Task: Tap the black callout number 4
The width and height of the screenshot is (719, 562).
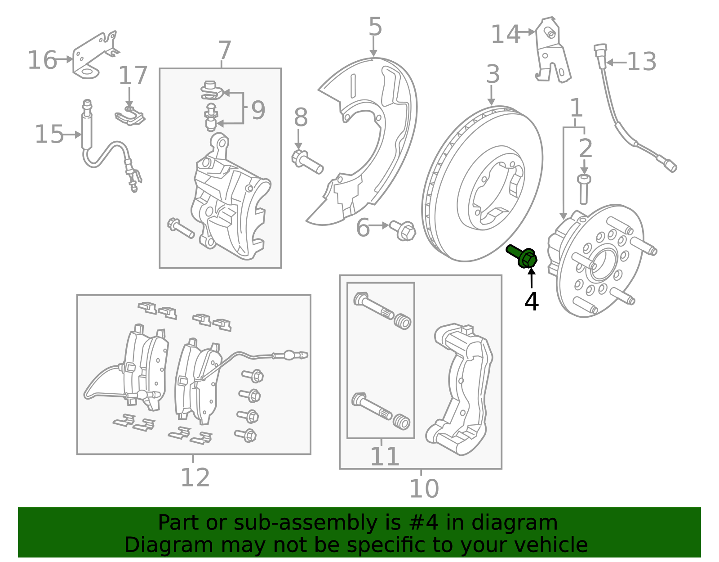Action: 531,302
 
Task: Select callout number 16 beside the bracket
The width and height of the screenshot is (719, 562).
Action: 42,60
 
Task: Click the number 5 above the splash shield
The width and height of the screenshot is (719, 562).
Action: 375,27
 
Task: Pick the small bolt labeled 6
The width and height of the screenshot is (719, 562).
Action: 403,230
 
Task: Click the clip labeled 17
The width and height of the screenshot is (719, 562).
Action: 130,117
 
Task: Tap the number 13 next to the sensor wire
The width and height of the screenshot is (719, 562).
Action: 641,62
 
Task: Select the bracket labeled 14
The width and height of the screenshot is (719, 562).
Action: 552,52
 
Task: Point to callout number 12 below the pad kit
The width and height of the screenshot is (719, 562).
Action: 195,478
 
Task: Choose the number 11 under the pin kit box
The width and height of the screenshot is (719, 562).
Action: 385,457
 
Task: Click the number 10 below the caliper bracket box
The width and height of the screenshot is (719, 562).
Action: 424,489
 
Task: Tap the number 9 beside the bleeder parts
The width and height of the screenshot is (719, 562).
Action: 258,110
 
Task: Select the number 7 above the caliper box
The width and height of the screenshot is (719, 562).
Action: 224,50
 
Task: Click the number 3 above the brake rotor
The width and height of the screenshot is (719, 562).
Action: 493,74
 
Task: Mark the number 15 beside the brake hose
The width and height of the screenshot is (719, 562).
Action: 49,135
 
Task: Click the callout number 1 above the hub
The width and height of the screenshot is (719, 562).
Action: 576,108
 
